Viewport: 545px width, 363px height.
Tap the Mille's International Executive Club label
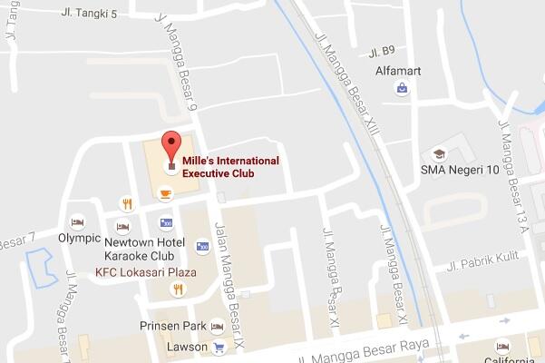229,166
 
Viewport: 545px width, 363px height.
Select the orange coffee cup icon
165,192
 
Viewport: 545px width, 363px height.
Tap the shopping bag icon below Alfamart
401,88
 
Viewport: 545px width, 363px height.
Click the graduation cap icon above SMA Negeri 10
439,152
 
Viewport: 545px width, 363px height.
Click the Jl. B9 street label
384,51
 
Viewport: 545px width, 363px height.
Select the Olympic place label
80,239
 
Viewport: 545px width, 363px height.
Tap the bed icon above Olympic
78,221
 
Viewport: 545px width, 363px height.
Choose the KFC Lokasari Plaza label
160,270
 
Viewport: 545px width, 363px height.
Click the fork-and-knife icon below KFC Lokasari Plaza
178,289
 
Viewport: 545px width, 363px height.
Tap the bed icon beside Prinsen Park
217,327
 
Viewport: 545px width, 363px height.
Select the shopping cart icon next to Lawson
218,348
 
